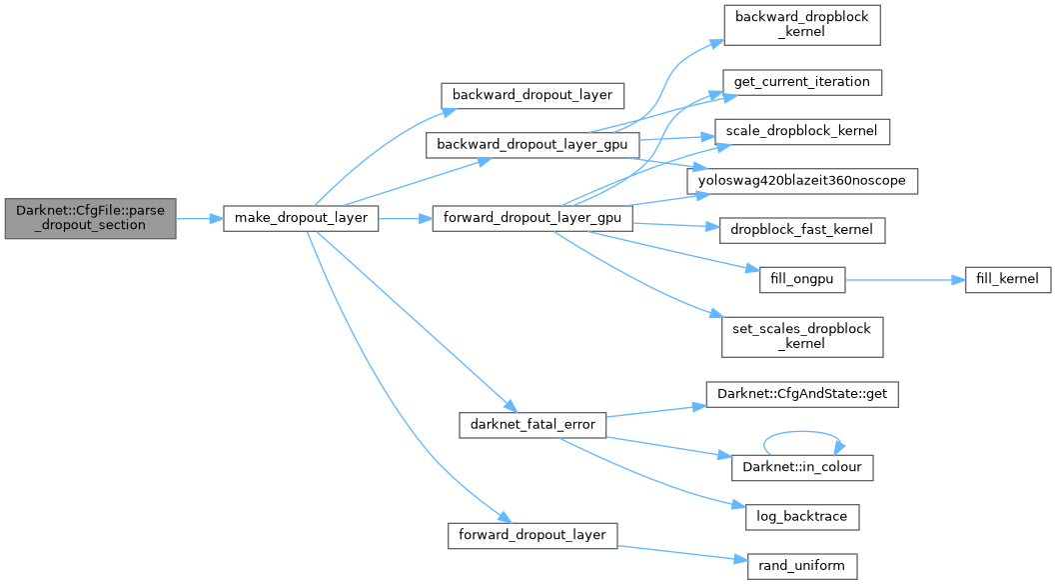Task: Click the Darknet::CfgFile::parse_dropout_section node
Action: pos(90,216)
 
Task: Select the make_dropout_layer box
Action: pos(301,217)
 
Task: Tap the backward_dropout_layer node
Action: pos(532,95)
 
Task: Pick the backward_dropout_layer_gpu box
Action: pos(532,144)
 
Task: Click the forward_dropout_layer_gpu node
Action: pos(532,217)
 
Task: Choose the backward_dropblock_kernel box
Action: pos(801,25)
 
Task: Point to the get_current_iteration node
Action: pos(801,81)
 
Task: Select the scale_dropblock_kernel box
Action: pos(801,131)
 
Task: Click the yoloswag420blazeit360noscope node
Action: pos(801,181)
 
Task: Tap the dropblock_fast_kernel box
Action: pos(801,230)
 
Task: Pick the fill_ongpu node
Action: pos(801,280)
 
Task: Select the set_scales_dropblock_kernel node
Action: pos(801,336)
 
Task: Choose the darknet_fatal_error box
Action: pos(532,424)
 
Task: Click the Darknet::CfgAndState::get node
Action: pos(801,395)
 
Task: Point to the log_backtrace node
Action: pos(801,517)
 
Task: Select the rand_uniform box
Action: pos(801,566)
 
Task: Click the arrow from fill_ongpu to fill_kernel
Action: pos(904,280)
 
